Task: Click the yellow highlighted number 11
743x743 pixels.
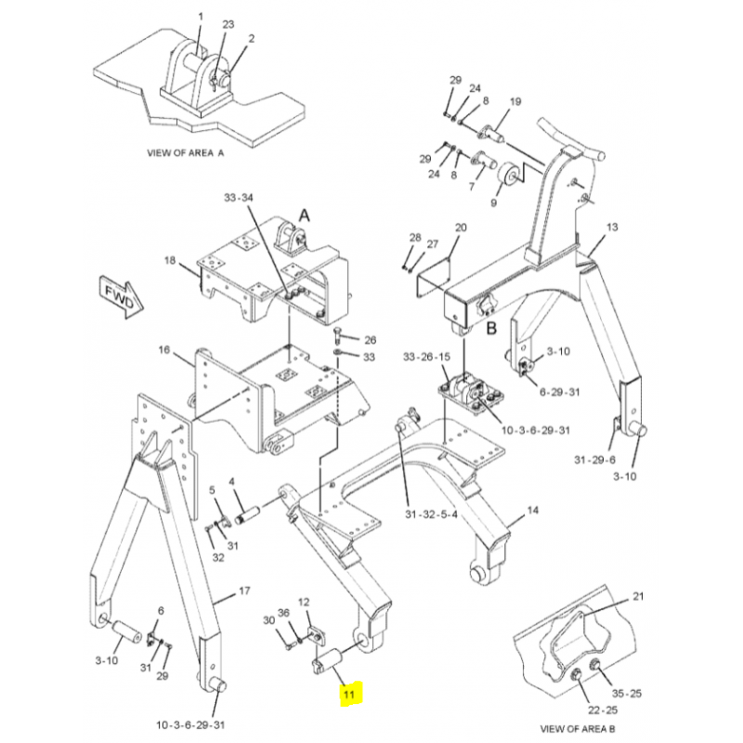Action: pyautogui.click(x=349, y=694)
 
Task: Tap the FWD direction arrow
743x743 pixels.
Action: pyautogui.click(x=119, y=296)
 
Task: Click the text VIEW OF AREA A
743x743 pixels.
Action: pyautogui.click(x=186, y=151)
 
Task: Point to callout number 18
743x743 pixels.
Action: pyautogui.click(x=170, y=261)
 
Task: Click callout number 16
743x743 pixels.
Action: pyautogui.click(x=164, y=350)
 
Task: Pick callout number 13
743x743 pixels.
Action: pyautogui.click(x=612, y=228)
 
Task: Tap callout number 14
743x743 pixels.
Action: pyautogui.click(x=532, y=510)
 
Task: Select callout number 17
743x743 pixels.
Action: pyautogui.click(x=244, y=591)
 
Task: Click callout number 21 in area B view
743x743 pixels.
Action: pyautogui.click(x=638, y=595)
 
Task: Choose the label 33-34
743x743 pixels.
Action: pyautogui.click(x=238, y=198)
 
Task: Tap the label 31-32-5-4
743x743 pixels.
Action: pyautogui.click(x=431, y=516)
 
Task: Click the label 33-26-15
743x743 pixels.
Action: pyautogui.click(x=426, y=357)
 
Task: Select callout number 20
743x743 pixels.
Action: pyautogui.click(x=461, y=228)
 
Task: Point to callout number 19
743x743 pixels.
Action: pyautogui.click(x=515, y=101)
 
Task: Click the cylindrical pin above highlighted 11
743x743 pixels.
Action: pyautogui.click(x=330, y=663)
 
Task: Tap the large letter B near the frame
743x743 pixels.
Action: pyautogui.click(x=493, y=326)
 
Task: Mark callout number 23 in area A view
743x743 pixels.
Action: pyautogui.click(x=228, y=24)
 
